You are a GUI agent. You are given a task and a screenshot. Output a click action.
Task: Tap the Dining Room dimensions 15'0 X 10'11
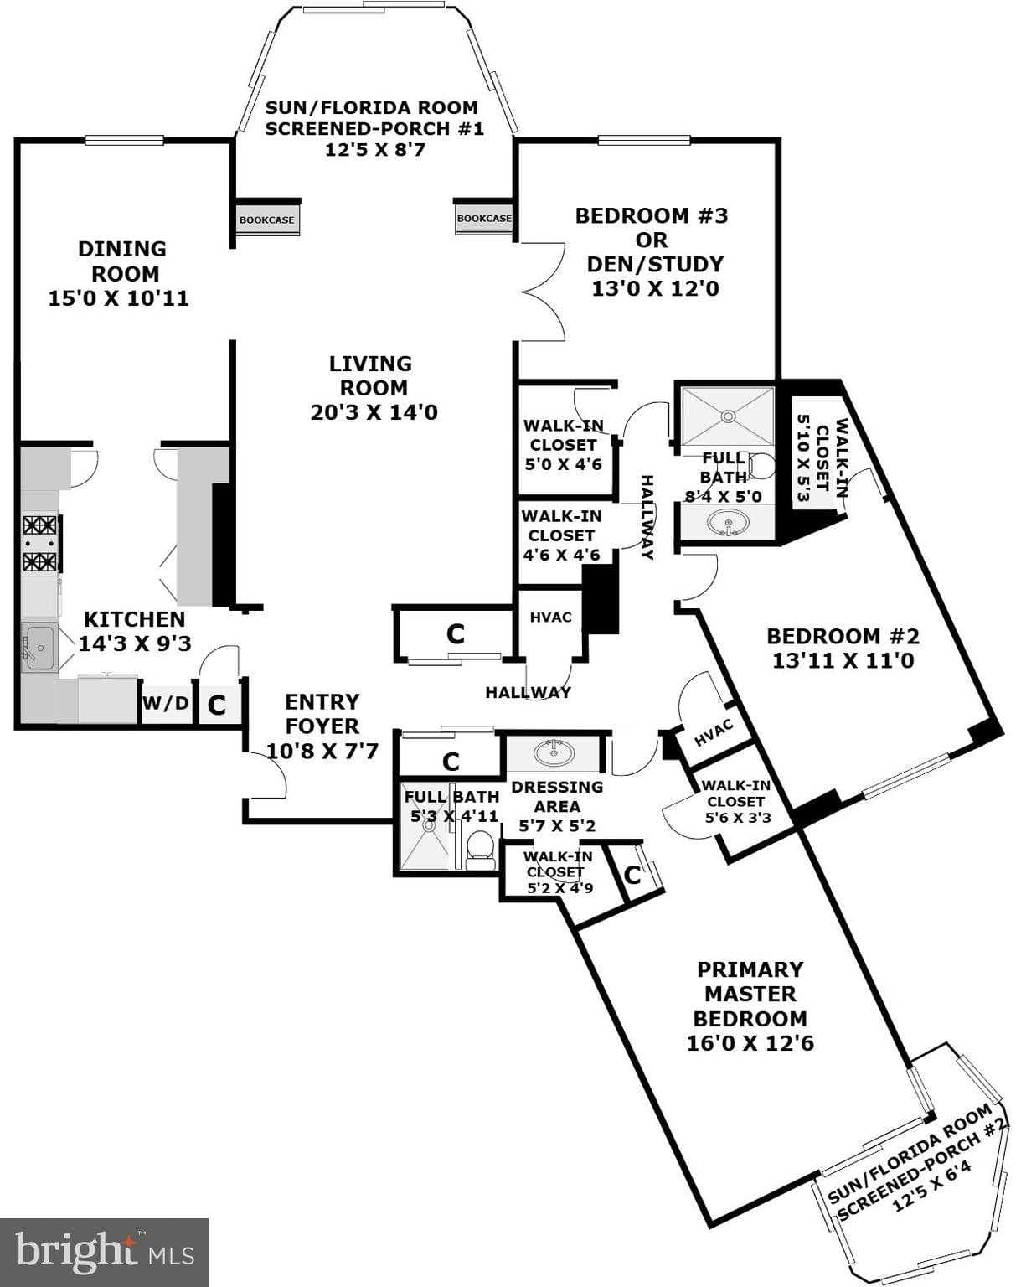pos(118,298)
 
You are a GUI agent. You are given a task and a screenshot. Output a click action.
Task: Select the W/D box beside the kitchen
pos(166,703)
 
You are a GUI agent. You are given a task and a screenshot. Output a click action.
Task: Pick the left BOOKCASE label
pos(266,220)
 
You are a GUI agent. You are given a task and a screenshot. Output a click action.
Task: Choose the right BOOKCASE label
pos(483,218)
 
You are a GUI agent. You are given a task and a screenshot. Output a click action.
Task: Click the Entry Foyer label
pos(322,714)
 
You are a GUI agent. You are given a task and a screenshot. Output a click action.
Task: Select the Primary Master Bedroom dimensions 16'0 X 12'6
pos(750,1043)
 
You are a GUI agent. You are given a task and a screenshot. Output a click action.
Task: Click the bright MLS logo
pos(104,1252)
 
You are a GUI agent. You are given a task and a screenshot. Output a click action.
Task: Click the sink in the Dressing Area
pos(554,752)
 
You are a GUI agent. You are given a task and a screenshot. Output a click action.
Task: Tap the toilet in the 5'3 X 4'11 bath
pos(480,844)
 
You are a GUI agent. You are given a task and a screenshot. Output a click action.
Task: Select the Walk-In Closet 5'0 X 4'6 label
pos(562,444)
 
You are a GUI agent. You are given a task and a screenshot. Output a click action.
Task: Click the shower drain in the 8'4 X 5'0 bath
pos(728,415)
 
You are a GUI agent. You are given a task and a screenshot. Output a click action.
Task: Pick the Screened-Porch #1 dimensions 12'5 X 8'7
pos(372,151)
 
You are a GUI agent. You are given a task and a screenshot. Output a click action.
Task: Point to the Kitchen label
pos(134,619)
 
